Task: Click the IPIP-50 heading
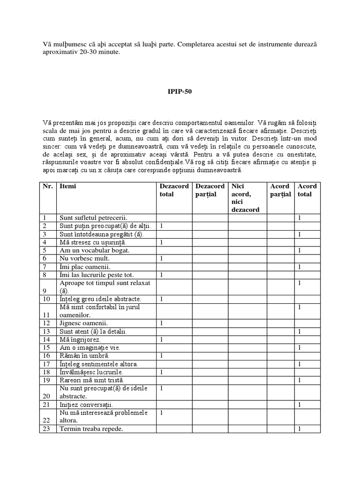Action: coord(180,92)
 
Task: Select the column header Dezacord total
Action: coord(174,190)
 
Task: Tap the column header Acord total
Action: coord(307,190)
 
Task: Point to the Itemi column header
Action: coord(67,186)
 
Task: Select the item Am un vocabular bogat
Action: coord(94,250)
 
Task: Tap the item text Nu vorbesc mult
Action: coord(84,258)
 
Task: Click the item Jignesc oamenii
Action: coord(83,323)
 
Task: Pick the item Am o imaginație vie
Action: coord(90,347)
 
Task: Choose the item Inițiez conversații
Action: coord(86,404)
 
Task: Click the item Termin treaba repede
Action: coord(91,428)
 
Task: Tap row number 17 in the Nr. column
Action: coord(45,364)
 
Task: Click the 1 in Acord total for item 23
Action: coord(299,428)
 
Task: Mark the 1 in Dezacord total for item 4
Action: coord(162,242)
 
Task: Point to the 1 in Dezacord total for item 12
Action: coord(162,323)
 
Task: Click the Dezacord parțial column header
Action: coord(210,190)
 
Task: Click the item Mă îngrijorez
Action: coord(80,339)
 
